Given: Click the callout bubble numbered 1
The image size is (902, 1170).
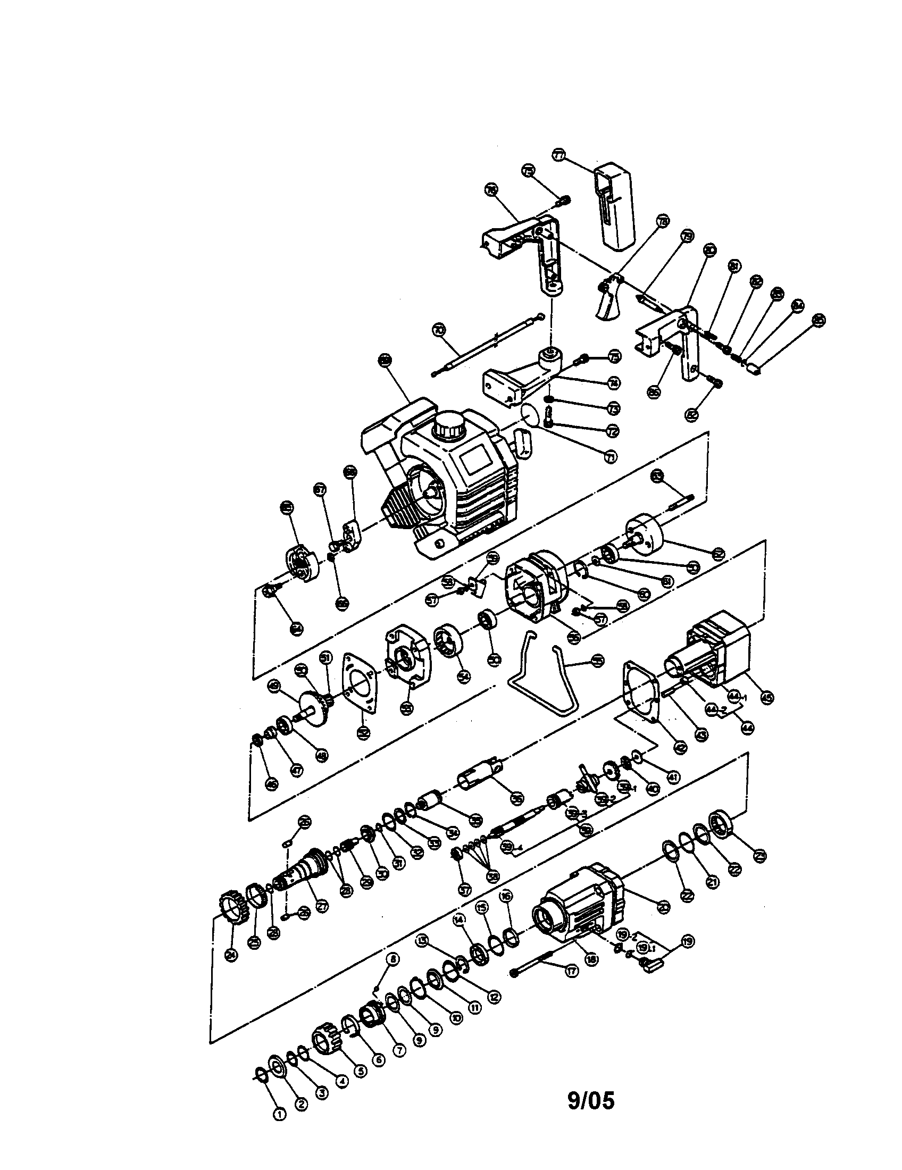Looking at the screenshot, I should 279,1114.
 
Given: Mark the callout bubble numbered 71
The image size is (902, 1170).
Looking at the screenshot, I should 610,456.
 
